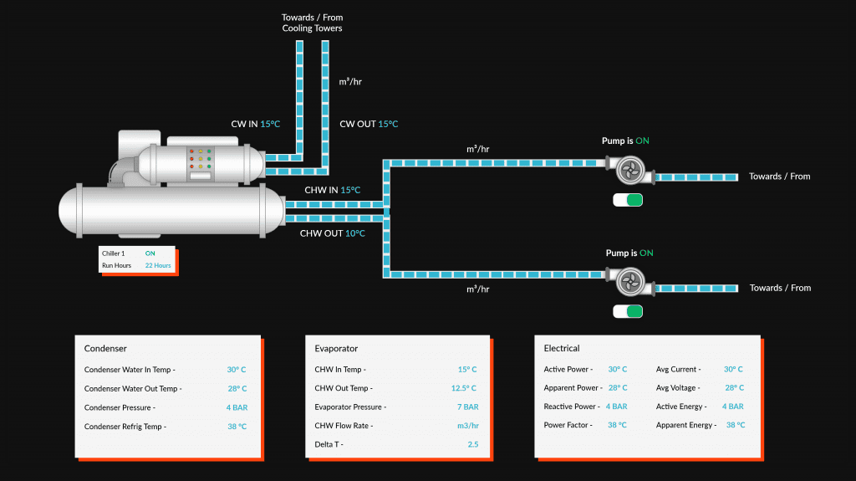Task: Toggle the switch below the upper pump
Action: [627, 200]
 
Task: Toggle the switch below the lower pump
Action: [627, 312]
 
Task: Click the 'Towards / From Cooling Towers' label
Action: [312, 23]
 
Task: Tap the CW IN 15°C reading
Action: [255, 124]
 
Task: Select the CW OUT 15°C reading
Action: [369, 124]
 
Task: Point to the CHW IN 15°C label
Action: [332, 190]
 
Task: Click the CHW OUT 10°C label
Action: [332, 233]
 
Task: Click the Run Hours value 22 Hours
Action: [157, 265]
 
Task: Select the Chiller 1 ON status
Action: [150, 253]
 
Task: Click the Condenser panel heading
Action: [105, 348]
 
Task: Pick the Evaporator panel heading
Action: [336, 348]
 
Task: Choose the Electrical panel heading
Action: [562, 348]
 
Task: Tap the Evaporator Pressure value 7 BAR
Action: [467, 407]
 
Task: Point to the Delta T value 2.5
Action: [472, 444]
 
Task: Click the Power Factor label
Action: [568, 425]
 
